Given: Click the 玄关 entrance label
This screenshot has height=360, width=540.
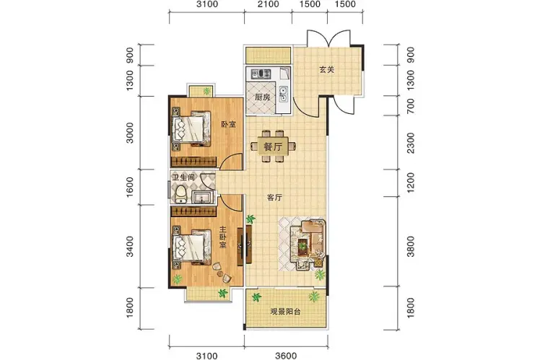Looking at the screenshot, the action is pos(326,69).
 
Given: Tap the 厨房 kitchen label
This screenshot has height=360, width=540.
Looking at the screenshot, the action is pos(263,97).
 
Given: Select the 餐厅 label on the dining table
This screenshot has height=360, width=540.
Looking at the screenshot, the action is pos(273,147).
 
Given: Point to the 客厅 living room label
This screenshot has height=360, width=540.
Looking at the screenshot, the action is pos(274,198).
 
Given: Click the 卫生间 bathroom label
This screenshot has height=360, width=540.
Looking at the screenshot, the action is pos(183,177).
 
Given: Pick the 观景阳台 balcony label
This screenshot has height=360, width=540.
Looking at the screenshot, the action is pos(285,312).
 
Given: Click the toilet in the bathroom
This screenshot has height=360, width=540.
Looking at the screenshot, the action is pos(180,195).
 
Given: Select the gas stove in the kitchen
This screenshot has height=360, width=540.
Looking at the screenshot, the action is pos(261,74).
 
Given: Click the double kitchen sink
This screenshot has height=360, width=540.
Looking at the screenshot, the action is pos(284,94).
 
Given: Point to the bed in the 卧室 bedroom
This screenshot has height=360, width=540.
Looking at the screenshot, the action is pos(191,128).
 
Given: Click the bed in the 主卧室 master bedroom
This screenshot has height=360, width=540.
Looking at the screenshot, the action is pos(192,247).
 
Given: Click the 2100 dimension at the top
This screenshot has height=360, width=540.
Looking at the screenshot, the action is pos(268,4).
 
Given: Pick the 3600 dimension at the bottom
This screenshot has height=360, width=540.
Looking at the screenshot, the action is pos(286,356).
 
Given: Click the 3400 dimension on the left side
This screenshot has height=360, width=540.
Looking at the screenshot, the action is pos(130,247).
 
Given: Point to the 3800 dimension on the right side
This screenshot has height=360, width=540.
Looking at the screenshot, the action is pos(411,247).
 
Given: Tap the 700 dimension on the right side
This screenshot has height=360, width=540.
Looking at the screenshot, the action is pos(411,106).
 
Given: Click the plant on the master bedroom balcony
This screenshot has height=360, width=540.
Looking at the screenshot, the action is pos(223,293).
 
